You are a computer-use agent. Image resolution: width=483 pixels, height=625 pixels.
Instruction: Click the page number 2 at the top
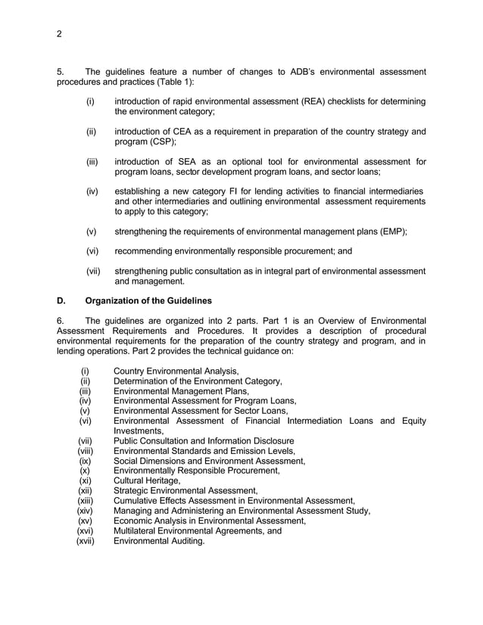[x=60, y=33]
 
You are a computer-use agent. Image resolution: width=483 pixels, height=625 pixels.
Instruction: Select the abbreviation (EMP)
[x=389, y=233]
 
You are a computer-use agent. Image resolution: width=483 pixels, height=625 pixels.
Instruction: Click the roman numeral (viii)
[x=87, y=451]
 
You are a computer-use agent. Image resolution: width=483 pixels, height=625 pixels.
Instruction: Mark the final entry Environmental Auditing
[x=158, y=541]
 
